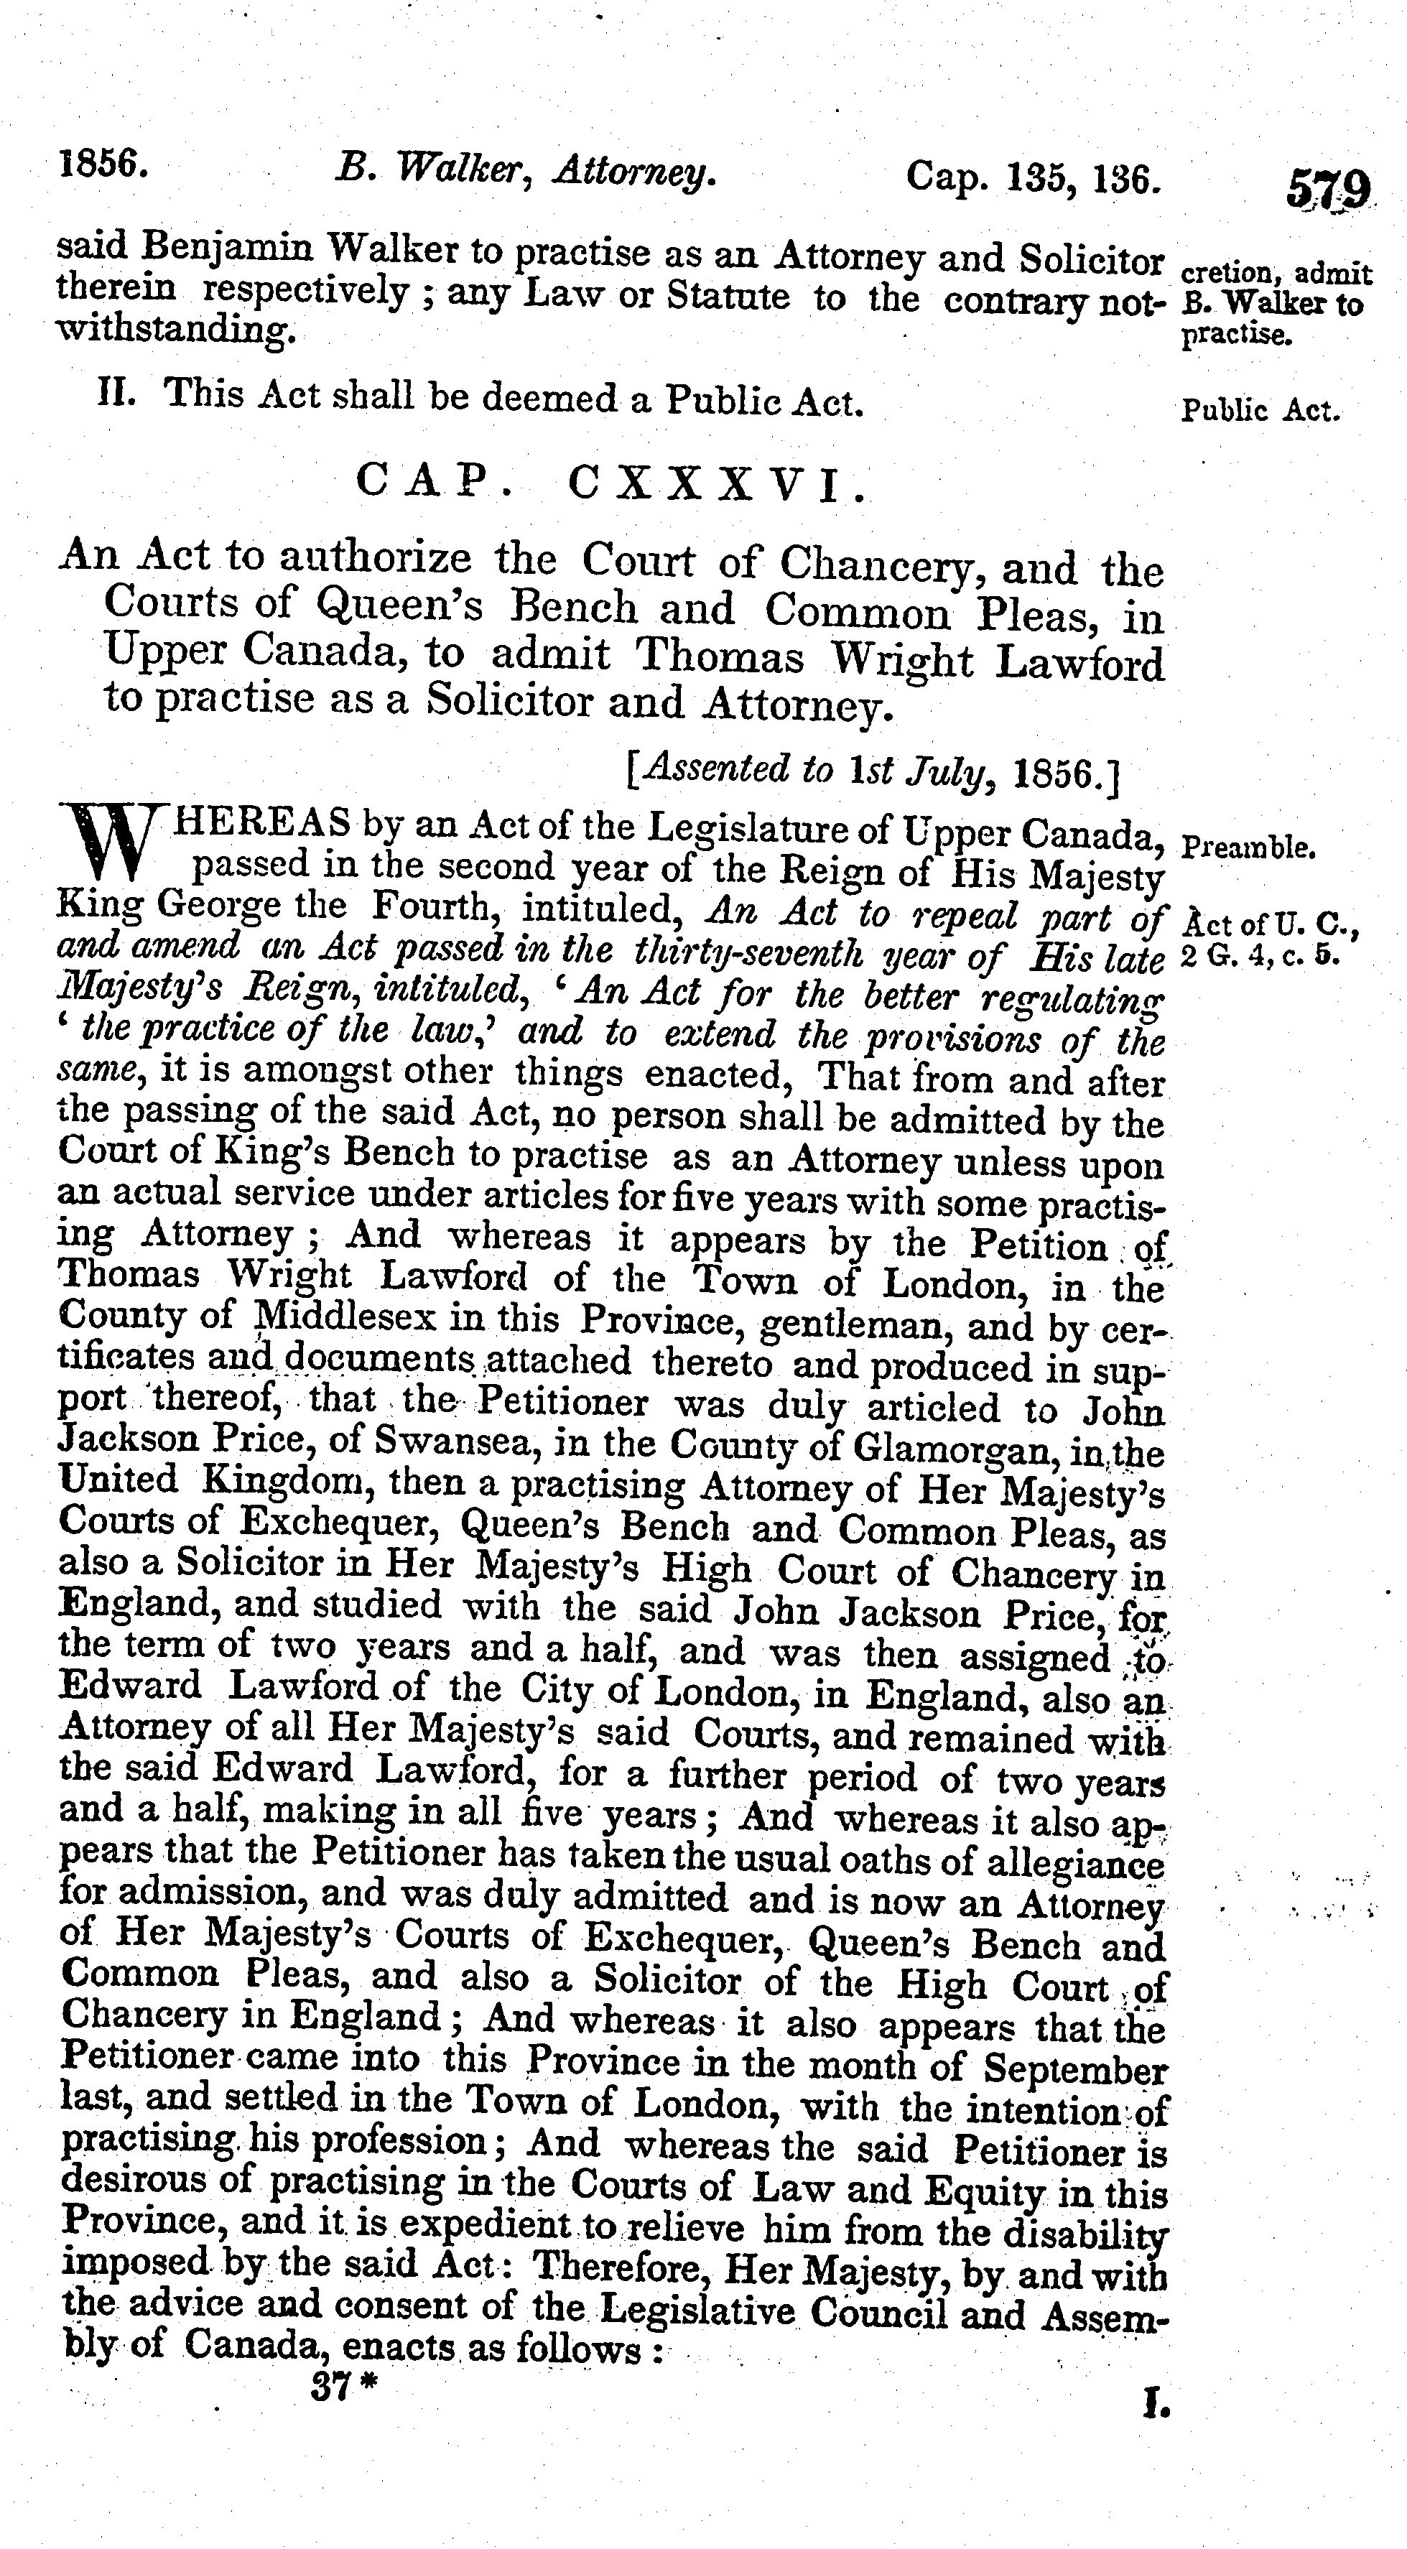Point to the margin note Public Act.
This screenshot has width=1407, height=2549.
[x=1260, y=409]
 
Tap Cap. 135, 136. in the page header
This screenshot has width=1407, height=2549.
[x=1032, y=178]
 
